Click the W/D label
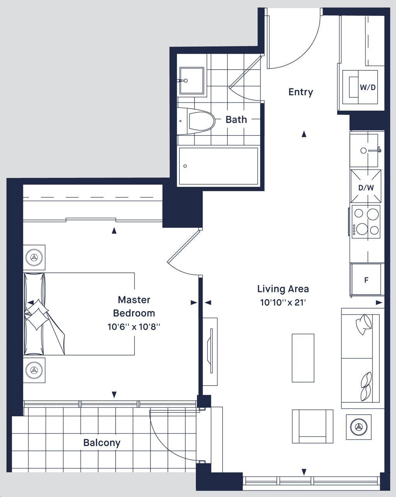[x=367, y=87]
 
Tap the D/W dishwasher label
[x=366, y=188]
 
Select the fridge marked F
[x=366, y=280]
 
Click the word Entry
[x=301, y=92]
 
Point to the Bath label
[x=236, y=120]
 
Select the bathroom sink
[x=192, y=81]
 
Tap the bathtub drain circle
[x=185, y=166]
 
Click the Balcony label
[x=102, y=443]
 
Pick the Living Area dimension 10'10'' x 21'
[x=283, y=302]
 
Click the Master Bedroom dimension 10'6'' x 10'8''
[x=134, y=327]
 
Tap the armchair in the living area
[x=312, y=426]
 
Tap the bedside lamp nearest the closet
[x=34, y=257]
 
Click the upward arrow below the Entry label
[x=304, y=134]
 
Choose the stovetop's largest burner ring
[x=362, y=229]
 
